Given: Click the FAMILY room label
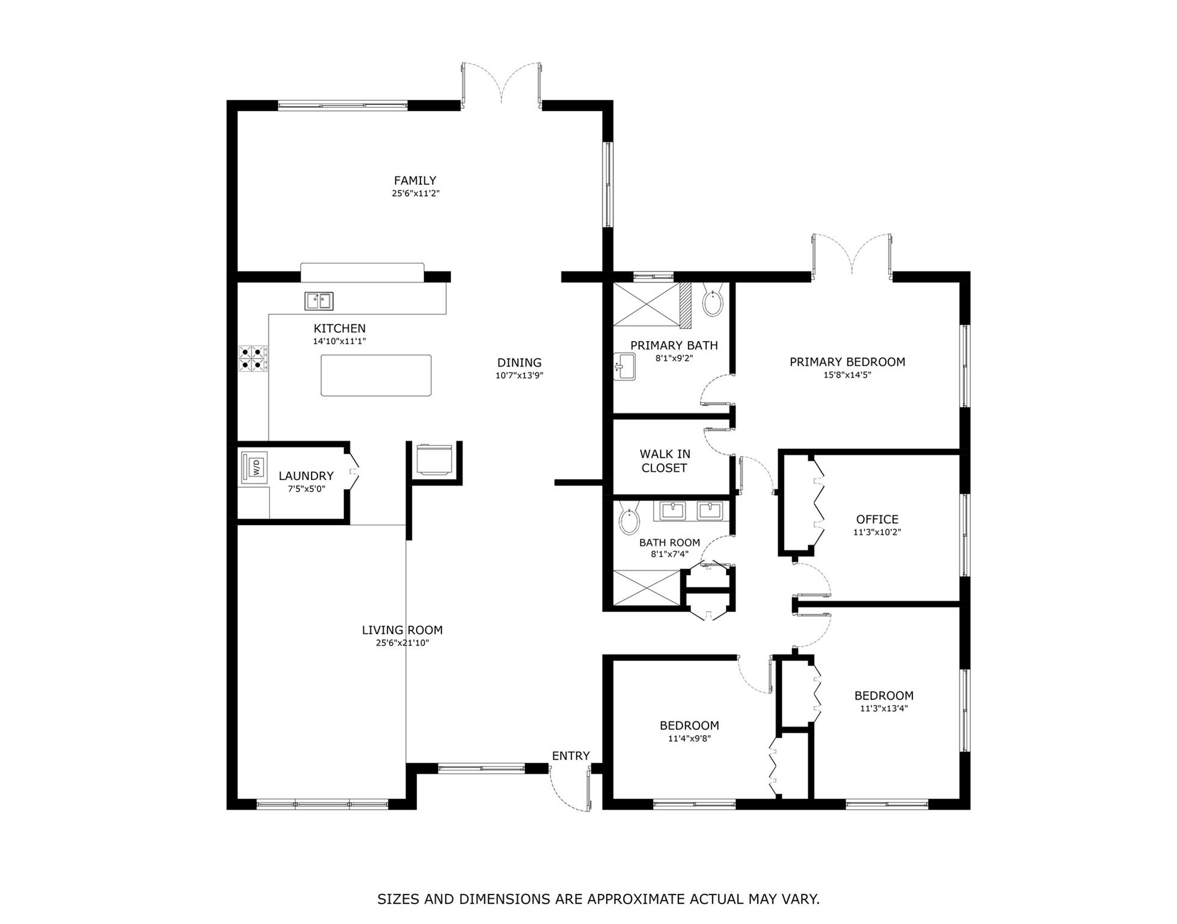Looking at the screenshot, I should [415, 180].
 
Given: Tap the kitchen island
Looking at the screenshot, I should [376, 375].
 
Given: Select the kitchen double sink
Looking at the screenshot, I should [319, 301].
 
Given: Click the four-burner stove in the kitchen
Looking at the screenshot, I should [253, 357].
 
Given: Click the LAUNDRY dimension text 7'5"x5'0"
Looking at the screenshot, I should [306, 489].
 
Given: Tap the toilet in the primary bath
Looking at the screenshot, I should [713, 303].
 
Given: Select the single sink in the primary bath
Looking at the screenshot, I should [625, 367].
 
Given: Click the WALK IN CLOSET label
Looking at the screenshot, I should [665, 461].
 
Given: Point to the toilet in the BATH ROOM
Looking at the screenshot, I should [629, 520].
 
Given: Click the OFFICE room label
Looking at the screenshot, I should [877, 519].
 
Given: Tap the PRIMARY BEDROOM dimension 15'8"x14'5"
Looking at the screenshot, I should [847, 375].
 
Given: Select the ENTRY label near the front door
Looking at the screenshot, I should [571, 756].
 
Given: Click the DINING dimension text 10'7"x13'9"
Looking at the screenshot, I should [519, 375].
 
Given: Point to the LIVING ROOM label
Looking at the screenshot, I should [402, 630].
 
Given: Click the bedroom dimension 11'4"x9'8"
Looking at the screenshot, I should [689, 739].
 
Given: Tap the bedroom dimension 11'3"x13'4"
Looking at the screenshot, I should [884, 709].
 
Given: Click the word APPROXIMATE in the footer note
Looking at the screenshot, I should [637, 899].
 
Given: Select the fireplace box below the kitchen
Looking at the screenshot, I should [434, 460].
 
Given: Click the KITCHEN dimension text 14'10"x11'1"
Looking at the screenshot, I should [339, 341].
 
